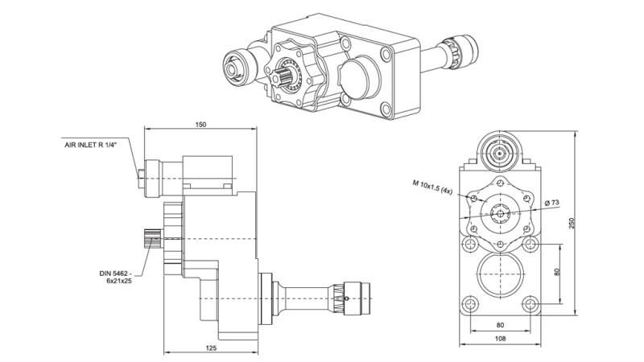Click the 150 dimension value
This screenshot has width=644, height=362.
click(200, 125)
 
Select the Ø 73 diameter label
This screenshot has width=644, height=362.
click(551, 201)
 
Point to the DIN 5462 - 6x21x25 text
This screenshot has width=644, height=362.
click(117, 277)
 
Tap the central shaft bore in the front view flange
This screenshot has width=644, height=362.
click(501, 214)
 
